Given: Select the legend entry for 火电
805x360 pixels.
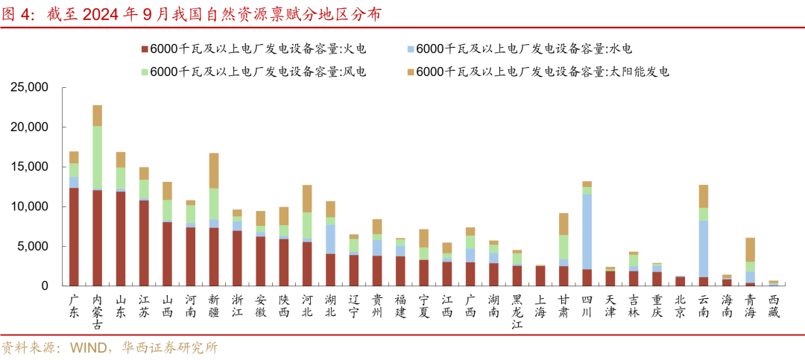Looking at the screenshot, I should [x=253, y=49].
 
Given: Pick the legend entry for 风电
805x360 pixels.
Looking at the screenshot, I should [x=253, y=72].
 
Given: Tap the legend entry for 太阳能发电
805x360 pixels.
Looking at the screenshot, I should [x=537, y=72].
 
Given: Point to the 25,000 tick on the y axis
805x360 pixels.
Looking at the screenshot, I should [x=29, y=88].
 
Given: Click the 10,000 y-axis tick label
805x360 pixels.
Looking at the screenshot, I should [x=29, y=206].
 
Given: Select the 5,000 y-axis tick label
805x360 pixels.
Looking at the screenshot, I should [x=33, y=247].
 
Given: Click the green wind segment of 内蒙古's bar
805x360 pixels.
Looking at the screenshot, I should [x=97, y=157].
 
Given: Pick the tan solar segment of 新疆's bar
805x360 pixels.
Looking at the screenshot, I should [x=213, y=170].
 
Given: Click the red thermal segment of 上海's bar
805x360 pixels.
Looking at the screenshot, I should [x=540, y=276].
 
